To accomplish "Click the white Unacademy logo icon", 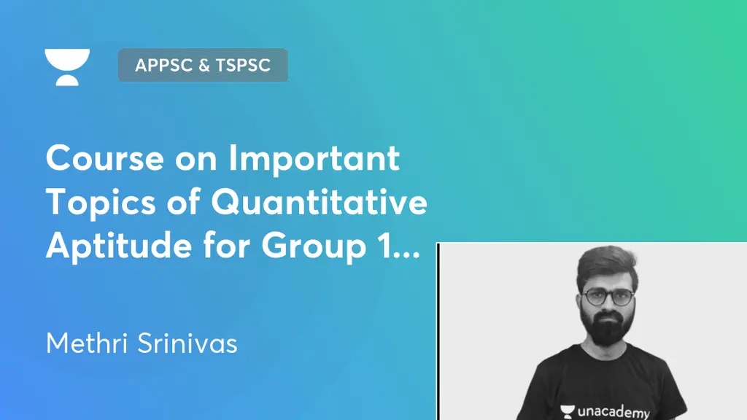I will pos(67,67).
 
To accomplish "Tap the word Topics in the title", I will pos(90,203).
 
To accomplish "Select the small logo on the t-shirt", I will pos(565,410).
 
